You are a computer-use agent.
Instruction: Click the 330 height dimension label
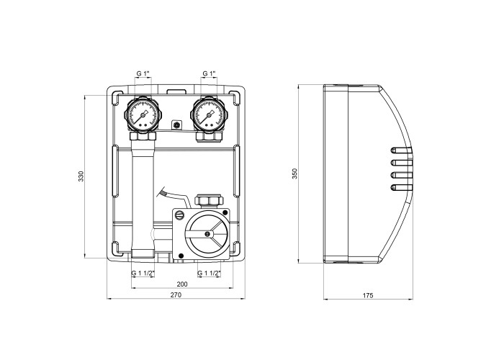click(81, 176)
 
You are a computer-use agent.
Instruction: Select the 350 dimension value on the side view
click(294, 176)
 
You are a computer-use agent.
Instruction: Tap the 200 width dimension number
click(181, 285)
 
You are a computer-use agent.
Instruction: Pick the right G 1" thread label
click(209, 73)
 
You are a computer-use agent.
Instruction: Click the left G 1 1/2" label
click(144, 274)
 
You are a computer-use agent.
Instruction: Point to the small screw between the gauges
click(176, 125)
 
